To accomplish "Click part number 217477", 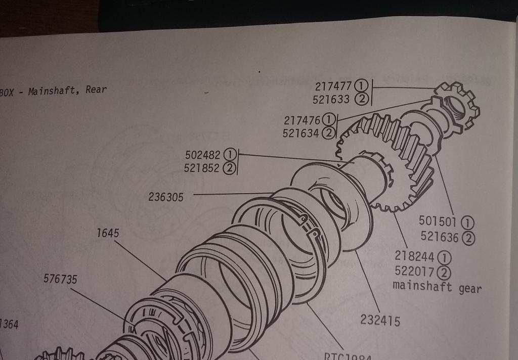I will [x=333, y=86].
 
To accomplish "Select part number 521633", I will [x=331, y=100].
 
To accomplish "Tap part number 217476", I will [x=302, y=121].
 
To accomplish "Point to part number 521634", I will [x=300, y=133].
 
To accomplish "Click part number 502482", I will [x=203, y=154].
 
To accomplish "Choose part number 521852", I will [x=202, y=168].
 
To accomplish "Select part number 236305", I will [x=166, y=197].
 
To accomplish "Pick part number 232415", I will [x=380, y=320].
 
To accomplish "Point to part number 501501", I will [x=438, y=221].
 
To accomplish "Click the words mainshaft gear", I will [x=437, y=288].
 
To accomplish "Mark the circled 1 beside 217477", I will [x=361, y=86].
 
